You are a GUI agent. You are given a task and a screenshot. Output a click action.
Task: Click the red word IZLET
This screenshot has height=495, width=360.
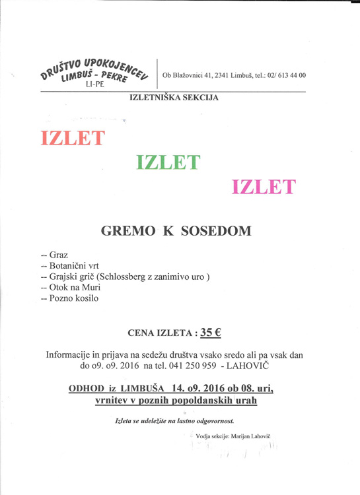(x=73, y=139)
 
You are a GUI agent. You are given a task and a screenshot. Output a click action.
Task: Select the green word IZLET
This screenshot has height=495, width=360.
(x=168, y=162)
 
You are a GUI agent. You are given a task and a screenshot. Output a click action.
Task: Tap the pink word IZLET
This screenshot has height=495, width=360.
(x=264, y=187)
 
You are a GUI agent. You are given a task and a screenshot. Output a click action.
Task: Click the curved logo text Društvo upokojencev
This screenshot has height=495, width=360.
(x=93, y=63)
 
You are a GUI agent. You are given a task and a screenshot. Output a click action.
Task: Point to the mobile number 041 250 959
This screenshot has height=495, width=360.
(x=190, y=365)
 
